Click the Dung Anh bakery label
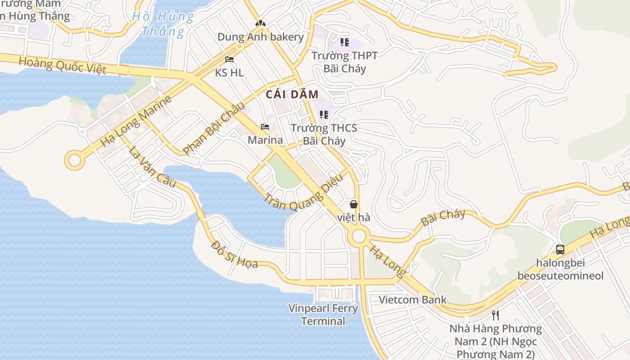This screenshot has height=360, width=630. tap(261, 37)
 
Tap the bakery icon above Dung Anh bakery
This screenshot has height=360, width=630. tap(260, 22)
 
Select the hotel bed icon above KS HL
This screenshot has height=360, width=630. tap(229, 59)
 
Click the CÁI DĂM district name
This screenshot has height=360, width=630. tap(292, 94)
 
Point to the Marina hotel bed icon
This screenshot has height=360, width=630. tap(265, 127)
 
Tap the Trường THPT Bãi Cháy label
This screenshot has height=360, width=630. tap(345, 62)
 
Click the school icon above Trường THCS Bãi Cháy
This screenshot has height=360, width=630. tap(324, 115)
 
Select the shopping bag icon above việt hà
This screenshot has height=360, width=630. tap(354, 204)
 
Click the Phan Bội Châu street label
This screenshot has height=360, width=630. tap(214, 129)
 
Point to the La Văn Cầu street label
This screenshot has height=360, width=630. tap(152, 166)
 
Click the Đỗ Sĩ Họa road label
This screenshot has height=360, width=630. tap(234, 255)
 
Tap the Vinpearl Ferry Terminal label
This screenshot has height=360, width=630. tap(323, 315)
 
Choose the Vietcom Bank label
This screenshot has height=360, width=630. tap(413, 300)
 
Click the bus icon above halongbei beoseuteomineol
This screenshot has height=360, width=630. tap(560, 249)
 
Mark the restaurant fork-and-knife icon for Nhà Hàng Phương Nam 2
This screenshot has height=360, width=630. tap(495, 315)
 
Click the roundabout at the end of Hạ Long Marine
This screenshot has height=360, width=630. tap(74, 160)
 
